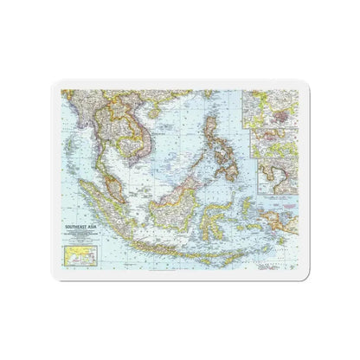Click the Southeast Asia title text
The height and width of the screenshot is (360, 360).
pyautogui.click(x=77, y=203)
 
